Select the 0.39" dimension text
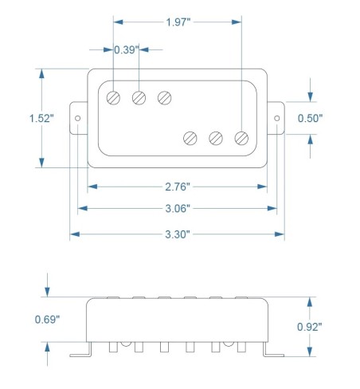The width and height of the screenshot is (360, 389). click(x=127, y=49)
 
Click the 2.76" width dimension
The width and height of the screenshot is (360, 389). click(x=177, y=186)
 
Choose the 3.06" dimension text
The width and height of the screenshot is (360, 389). click(x=177, y=210)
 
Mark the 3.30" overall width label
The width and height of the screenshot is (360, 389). click(x=177, y=234)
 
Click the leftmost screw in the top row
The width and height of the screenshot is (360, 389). click(x=114, y=97)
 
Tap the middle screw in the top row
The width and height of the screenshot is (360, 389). click(x=139, y=97)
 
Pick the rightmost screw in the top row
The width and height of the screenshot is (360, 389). click(x=165, y=97)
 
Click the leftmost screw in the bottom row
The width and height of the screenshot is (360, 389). click(x=190, y=138)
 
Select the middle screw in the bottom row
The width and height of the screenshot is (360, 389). click(x=216, y=138)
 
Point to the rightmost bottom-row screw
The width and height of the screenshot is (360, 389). click(x=241, y=138)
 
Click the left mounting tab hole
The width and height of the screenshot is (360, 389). click(x=78, y=118)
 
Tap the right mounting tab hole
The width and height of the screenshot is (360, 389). click(x=277, y=118)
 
